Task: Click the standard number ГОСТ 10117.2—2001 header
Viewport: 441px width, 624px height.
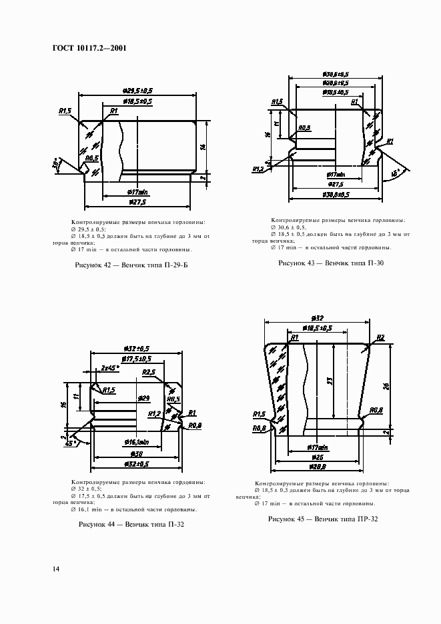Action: (88, 48)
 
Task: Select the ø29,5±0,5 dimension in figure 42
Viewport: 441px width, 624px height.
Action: (137, 90)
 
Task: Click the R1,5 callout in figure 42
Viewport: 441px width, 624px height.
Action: (65, 111)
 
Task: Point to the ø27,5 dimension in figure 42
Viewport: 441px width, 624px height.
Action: (137, 201)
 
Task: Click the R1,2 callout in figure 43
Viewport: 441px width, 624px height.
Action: (257, 170)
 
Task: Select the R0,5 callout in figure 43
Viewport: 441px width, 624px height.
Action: (304, 127)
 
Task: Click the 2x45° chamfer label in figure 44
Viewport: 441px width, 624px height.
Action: (109, 367)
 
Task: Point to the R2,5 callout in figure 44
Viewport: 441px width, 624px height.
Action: (149, 372)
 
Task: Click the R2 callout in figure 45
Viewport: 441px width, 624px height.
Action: (380, 338)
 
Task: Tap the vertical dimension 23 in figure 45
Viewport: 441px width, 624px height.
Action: (330, 381)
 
